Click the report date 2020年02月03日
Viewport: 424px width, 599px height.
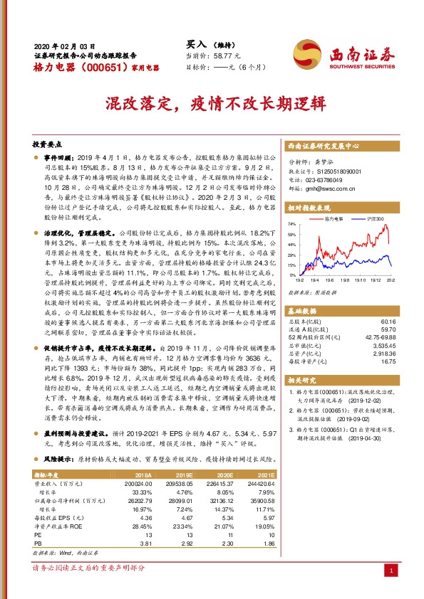click(64, 44)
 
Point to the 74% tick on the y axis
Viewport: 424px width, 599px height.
click(291, 223)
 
